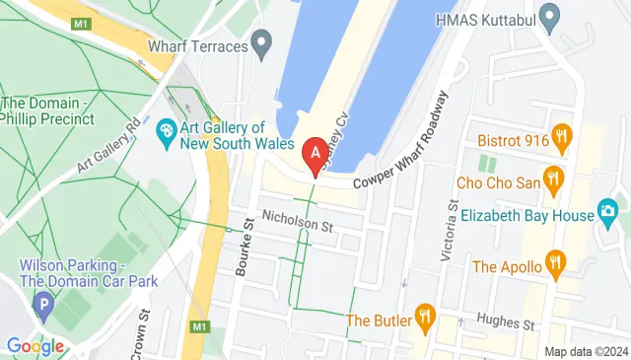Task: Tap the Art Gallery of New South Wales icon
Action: tap(167, 129)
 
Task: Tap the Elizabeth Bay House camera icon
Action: tap(607, 213)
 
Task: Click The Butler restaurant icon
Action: tap(426, 317)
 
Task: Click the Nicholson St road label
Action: tap(296, 226)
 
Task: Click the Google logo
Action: tap(35, 346)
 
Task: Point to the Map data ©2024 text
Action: tap(586, 351)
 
